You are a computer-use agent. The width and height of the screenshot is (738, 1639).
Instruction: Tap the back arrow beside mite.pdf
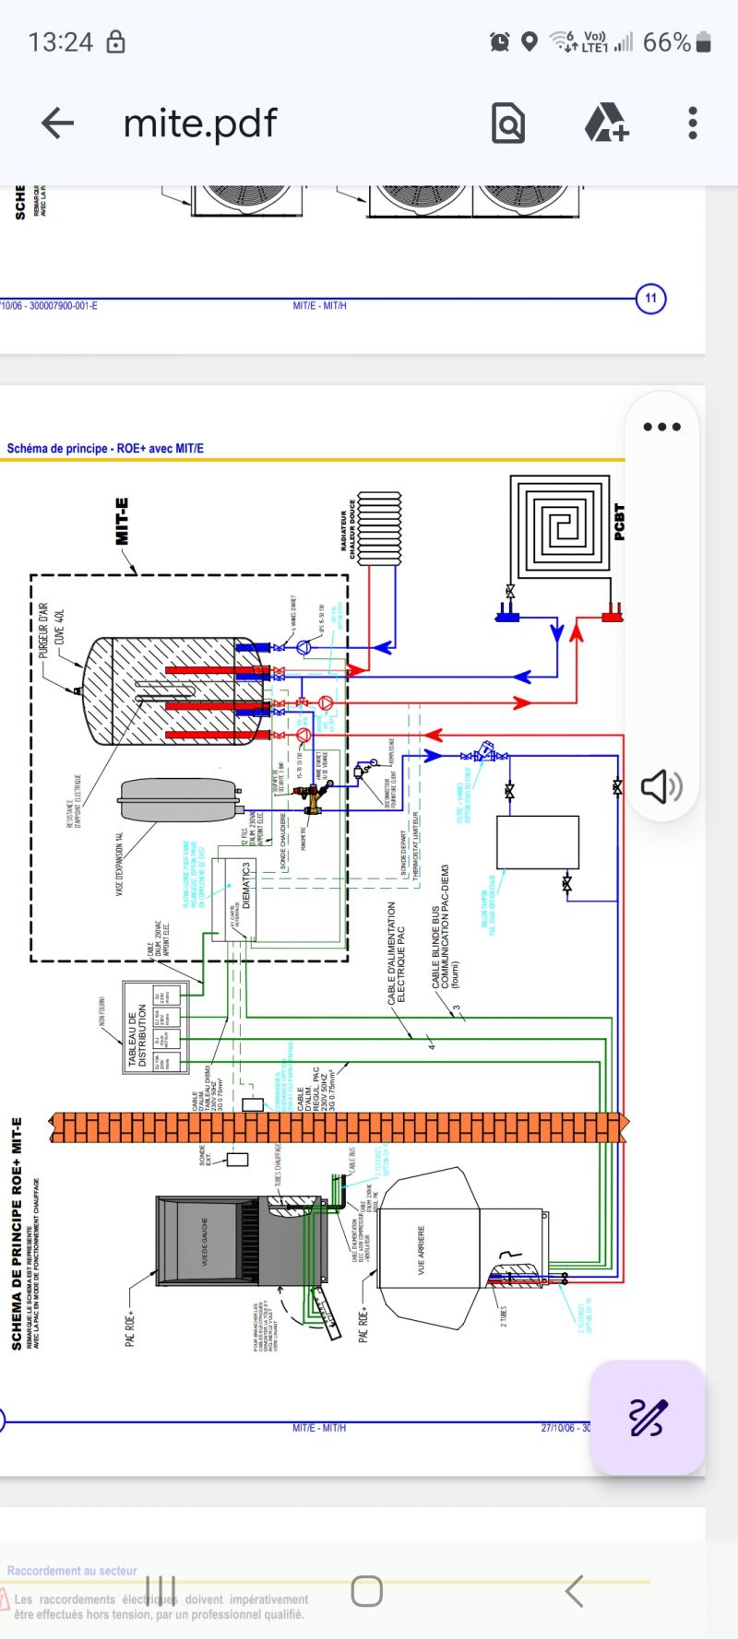click(x=57, y=123)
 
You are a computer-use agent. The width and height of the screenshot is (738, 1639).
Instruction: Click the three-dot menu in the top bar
click(x=692, y=123)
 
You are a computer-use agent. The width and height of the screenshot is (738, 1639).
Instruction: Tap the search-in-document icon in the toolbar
click(x=508, y=123)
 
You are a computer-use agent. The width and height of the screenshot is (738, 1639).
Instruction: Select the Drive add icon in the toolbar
click(x=606, y=123)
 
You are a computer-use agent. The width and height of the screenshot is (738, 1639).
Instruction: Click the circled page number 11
click(x=651, y=298)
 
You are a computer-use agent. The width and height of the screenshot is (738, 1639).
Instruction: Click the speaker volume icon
click(x=661, y=786)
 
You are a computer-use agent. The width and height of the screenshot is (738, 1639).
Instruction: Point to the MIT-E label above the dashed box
click(x=122, y=521)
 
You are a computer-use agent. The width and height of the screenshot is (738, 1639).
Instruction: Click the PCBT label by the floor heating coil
click(x=619, y=522)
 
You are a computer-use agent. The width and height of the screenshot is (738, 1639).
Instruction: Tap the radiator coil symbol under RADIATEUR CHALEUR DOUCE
click(x=379, y=528)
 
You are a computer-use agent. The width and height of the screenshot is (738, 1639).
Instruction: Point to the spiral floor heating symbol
click(x=560, y=524)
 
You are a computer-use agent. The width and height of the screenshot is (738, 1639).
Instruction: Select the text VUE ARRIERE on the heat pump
click(x=422, y=1249)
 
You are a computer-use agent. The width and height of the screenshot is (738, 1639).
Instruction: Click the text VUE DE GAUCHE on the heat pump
click(x=205, y=1240)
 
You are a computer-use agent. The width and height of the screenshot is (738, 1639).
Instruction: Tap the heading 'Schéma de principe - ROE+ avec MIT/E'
click(x=105, y=449)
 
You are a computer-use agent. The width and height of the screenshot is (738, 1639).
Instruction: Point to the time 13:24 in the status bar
click(x=61, y=42)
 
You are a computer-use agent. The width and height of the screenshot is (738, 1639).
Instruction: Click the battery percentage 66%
click(x=666, y=42)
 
